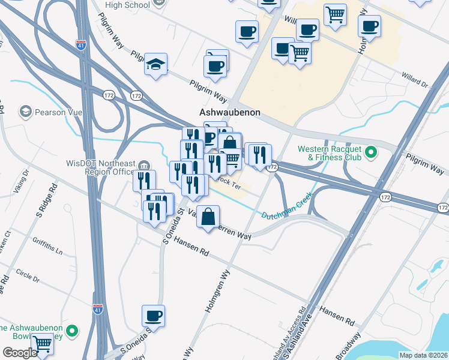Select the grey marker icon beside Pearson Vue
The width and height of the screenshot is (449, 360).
click(x=25, y=112)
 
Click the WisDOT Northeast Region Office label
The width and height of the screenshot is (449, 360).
click(x=100, y=167)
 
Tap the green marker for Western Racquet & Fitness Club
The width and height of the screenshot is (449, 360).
click(x=370, y=152)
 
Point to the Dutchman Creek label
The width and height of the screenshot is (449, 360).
click(x=286, y=206)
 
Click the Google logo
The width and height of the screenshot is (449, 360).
click(x=20, y=353)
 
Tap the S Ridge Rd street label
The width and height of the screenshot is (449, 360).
click(x=46, y=200)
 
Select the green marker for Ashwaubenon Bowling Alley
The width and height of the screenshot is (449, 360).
click(x=73, y=331)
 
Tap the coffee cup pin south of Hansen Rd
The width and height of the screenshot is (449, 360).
click(x=153, y=316)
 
